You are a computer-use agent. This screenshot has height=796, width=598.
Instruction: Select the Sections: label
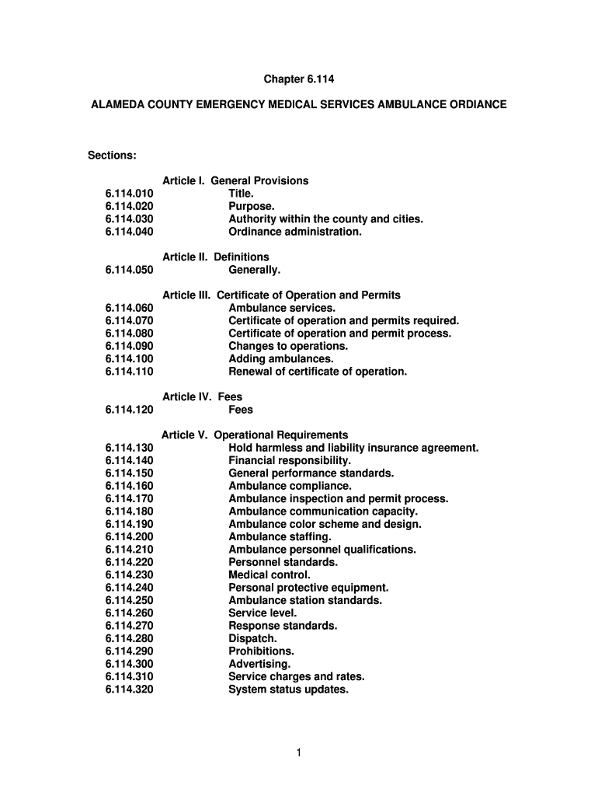[112, 155]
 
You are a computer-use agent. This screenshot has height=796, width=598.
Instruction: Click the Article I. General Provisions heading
[235, 180]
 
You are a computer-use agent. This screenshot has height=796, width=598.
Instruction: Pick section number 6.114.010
[129, 194]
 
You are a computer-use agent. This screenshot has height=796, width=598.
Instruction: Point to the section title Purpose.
[251, 206]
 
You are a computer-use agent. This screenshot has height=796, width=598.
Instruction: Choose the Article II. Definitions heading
[216, 257]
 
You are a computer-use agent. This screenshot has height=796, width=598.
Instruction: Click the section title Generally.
[254, 270]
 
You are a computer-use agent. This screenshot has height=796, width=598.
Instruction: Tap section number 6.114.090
[129, 346]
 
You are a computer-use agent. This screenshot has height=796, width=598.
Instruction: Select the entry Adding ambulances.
[280, 358]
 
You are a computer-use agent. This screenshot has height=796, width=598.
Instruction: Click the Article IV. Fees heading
[202, 396]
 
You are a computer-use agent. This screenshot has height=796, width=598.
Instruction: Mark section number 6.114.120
[129, 410]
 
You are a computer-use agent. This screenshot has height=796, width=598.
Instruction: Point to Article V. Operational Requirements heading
[255, 435]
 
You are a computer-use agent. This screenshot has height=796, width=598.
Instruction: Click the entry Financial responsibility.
[284, 460]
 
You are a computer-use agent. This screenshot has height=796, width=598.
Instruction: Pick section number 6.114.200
[129, 536]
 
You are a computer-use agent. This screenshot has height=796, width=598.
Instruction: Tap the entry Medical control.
[269, 574]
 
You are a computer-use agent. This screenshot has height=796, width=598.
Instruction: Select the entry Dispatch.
[252, 638]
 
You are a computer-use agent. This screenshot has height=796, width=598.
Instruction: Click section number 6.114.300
[129, 664]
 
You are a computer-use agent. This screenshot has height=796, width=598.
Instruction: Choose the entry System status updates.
[288, 689]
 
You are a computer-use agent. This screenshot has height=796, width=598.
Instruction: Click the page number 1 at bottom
[299, 752]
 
